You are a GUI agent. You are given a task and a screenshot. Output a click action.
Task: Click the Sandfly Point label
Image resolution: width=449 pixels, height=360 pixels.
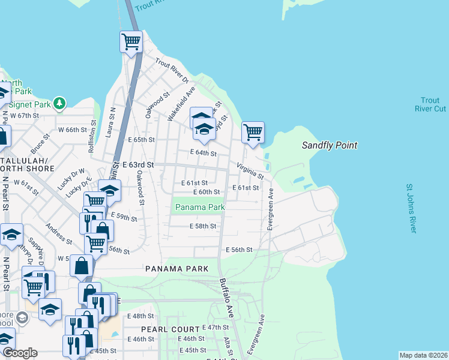click(x=329, y=145)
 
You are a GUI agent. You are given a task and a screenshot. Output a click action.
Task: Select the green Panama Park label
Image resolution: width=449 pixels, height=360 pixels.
click(x=199, y=207)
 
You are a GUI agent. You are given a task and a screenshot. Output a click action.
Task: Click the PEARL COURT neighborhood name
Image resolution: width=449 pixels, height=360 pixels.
click(x=170, y=329)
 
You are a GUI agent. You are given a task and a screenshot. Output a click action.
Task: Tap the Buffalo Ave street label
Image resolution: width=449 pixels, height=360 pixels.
click(x=226, y=298)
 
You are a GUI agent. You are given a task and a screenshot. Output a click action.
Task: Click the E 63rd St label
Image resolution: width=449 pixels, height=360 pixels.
click(x=138, y=164)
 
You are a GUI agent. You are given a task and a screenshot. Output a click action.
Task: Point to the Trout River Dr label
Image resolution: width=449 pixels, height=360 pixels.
click(x=172, y=71)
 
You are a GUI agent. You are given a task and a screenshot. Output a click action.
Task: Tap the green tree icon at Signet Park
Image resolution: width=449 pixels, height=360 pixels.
click(x=59, y=103)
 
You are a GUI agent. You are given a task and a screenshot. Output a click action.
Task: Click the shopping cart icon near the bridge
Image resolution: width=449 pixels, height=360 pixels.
click(x=131, y=42)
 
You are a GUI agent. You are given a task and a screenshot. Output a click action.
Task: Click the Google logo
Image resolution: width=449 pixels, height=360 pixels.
click(x=19, y=353)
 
